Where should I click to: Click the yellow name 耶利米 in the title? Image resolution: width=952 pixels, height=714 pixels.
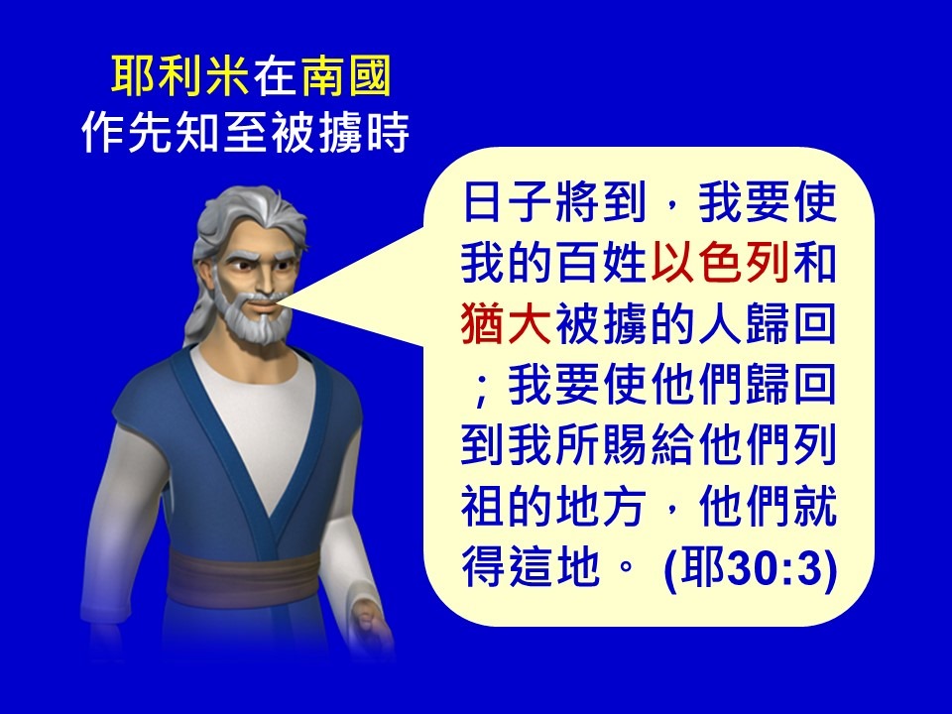pyautogui.click(x=180, y=76)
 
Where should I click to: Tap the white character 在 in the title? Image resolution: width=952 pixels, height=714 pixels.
pyautogui.click(x=275, y=76)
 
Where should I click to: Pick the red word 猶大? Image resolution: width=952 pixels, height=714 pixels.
pyautogui.click(x=506, y=323)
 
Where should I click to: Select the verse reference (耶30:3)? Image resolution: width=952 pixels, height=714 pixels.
pyautogui.click(x=751, y=567)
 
